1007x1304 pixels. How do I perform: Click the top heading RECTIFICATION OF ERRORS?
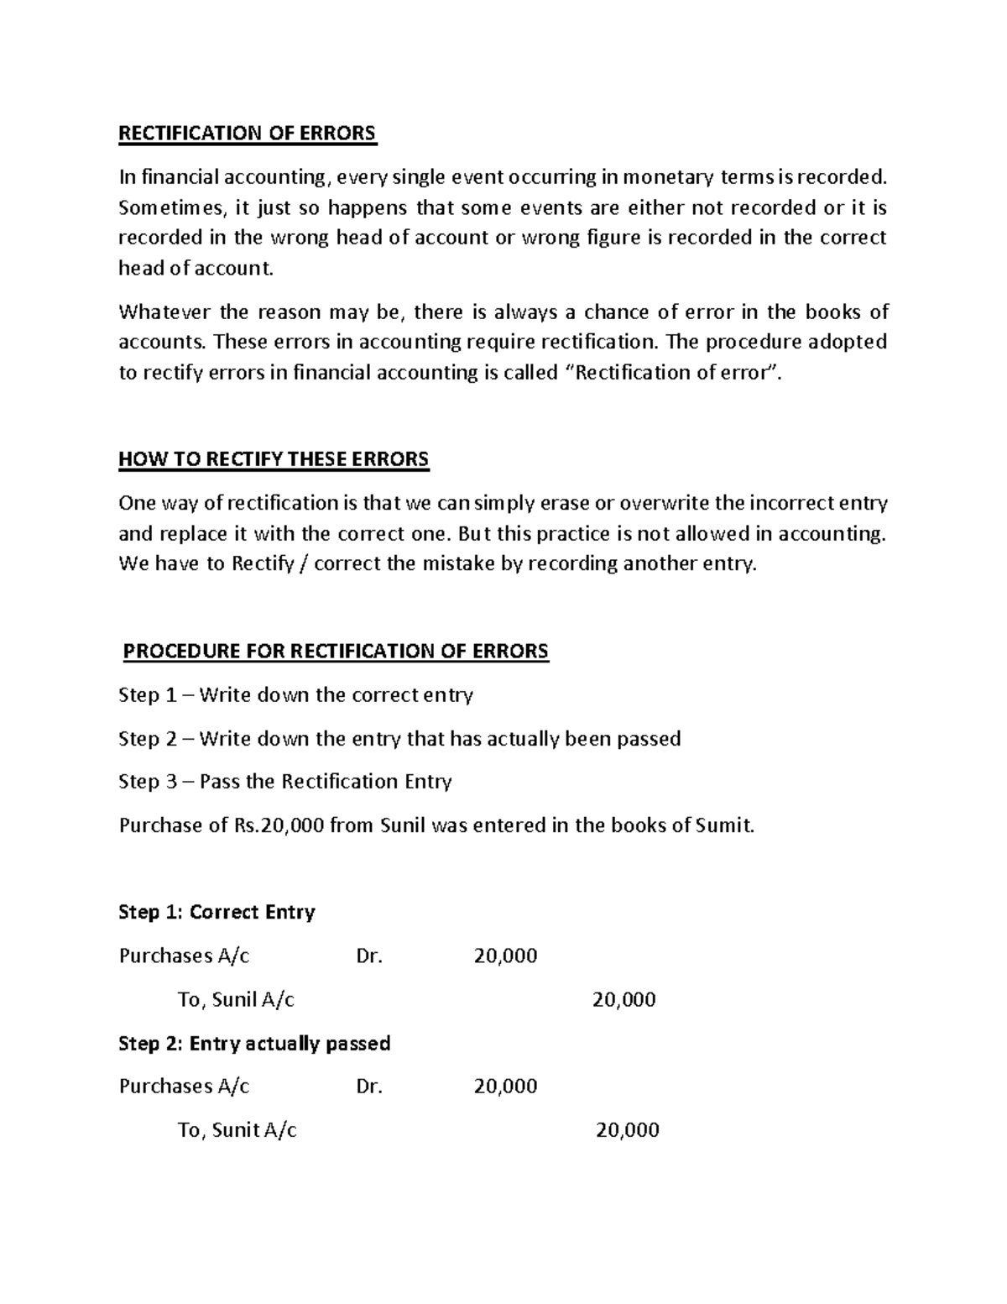tap(248, 134)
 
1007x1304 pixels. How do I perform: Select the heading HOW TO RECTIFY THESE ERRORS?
tap(274, 459)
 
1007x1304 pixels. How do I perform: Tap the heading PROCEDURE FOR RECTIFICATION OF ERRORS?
tap(336, 652)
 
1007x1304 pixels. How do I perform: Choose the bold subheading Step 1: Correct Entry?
tap(217, 913)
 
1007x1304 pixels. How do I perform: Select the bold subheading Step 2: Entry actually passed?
tap(254, 1044)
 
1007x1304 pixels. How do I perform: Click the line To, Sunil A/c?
tap(236, 1000)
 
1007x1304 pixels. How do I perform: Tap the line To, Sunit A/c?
tap(237, 1131)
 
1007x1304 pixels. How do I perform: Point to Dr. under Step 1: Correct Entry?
tap(369, 956)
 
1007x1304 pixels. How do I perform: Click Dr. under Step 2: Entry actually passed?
tap(369, 1087)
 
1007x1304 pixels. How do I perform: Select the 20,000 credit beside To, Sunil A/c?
tap(624, 1000)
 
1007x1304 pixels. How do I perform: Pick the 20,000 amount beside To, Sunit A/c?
tap(627, 1131)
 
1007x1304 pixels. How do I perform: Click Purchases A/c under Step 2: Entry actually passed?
tap(185, 1087)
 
